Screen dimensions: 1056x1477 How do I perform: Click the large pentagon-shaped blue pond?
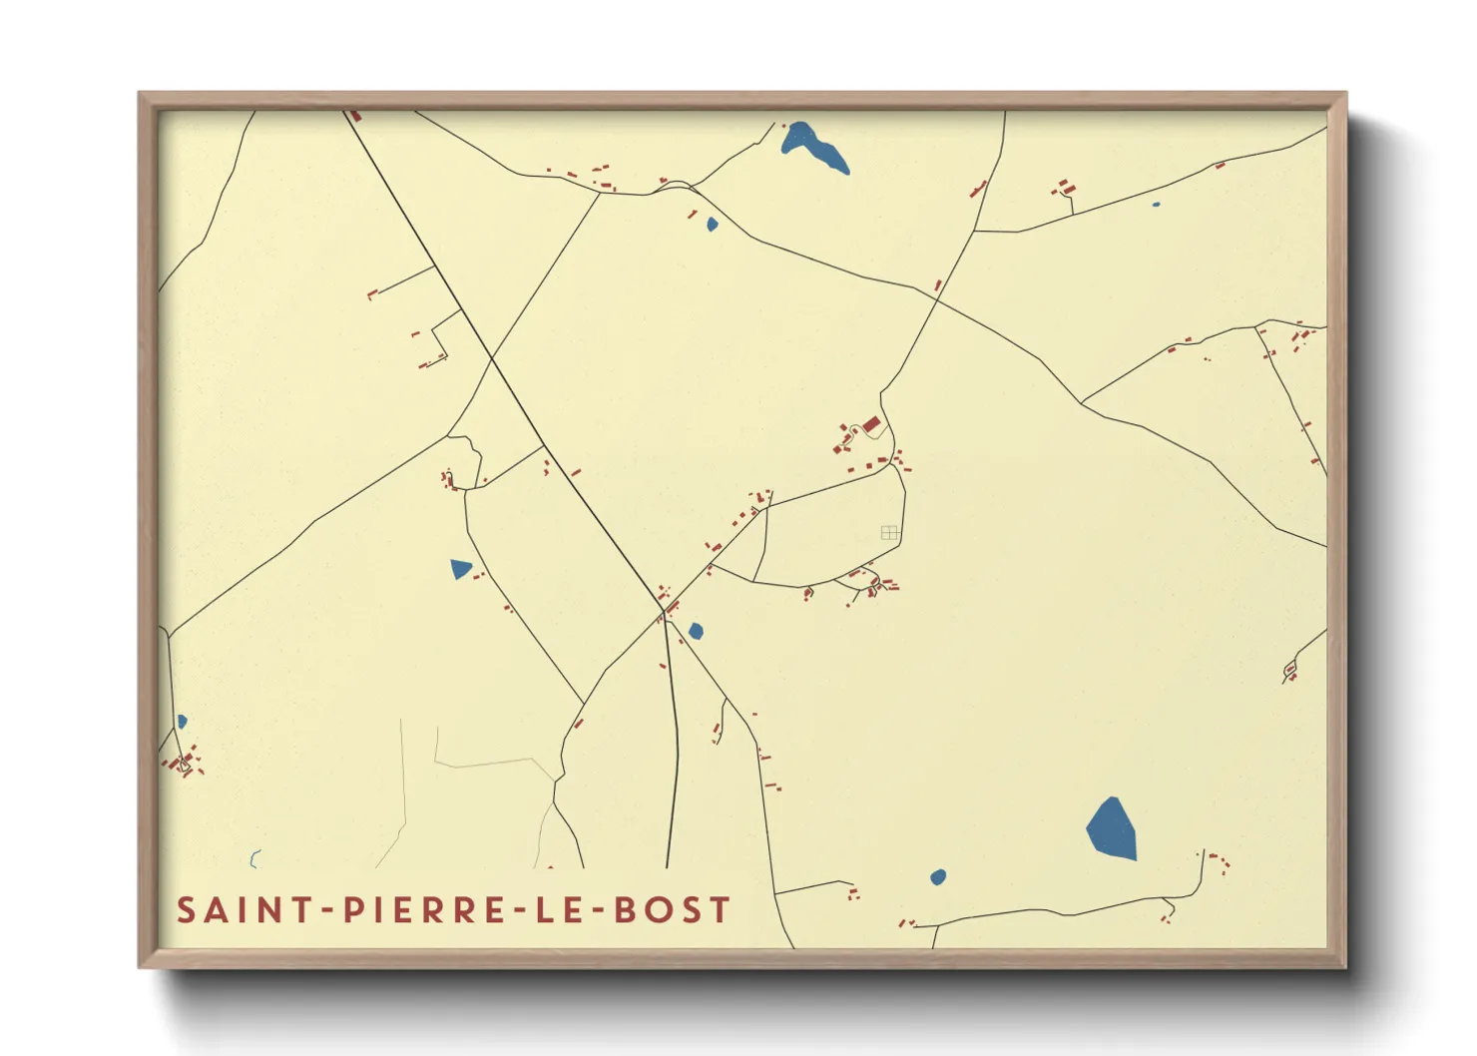tap(1112, 829)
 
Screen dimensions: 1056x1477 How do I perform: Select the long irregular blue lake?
tap(814, 146)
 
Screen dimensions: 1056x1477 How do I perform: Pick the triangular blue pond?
tap(460, 569)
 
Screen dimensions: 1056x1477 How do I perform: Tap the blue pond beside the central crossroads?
tap(696, 631)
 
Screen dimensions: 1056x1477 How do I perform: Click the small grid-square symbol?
tap(889, 533)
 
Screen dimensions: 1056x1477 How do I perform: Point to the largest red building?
tap(871, 425)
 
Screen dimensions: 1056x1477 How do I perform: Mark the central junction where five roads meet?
tap(665, 612)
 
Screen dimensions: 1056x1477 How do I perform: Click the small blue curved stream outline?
tap(254, 858)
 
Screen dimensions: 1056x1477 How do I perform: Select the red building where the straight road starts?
tap(354, 116)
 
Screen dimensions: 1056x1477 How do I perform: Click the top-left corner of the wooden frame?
tap(140, 94)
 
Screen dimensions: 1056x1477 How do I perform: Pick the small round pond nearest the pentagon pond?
tap(938, 877)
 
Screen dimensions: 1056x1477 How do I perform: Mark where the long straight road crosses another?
tap(491, 357)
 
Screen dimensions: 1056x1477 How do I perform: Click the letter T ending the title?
tap(721, 910)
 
